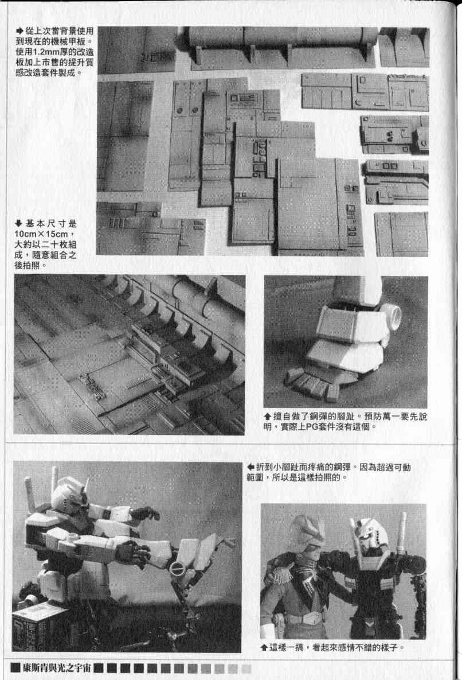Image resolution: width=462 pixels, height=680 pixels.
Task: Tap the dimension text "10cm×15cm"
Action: [x=41, y=234]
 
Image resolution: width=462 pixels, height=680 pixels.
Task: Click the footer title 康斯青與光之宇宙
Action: [x=57, y=668]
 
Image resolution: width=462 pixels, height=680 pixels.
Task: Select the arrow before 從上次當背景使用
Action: [x=19, y=31]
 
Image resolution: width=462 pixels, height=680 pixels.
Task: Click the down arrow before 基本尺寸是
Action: [x=18, y=224]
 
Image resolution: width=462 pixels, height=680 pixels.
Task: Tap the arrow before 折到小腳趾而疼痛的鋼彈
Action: [x=250, y=468]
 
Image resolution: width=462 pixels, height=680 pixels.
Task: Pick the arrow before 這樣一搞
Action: [x=264, y=648]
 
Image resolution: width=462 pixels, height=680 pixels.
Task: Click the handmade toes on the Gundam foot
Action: [x=312, y=384]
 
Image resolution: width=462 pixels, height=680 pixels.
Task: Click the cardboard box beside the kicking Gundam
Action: [x=40, y=627]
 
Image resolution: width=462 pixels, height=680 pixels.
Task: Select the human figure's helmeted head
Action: [x=307, y=532]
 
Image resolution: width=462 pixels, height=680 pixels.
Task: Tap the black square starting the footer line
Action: [x=15, y=668]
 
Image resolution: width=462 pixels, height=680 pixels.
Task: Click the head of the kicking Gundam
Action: [x=69, y=495]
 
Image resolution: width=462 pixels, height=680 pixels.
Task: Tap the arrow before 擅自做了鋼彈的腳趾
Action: [x=267, y=417]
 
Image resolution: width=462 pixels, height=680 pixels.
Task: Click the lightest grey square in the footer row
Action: [x=246, y=669]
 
